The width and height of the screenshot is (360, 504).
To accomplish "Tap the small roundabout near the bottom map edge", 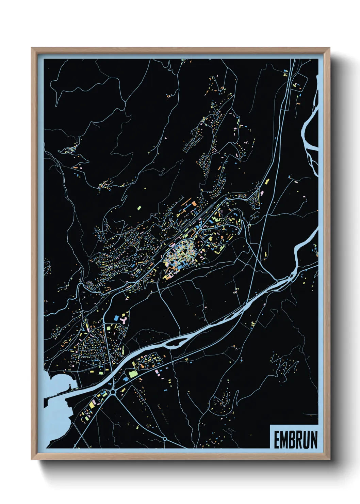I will coord(165,439).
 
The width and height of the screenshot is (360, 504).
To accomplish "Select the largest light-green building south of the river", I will coord(132,374).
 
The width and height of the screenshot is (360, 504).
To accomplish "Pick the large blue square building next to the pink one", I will coord(116,317).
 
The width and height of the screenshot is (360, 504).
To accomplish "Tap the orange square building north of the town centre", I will coord(194,204).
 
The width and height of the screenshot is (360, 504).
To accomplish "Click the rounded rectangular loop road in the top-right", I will coord(297,86).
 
